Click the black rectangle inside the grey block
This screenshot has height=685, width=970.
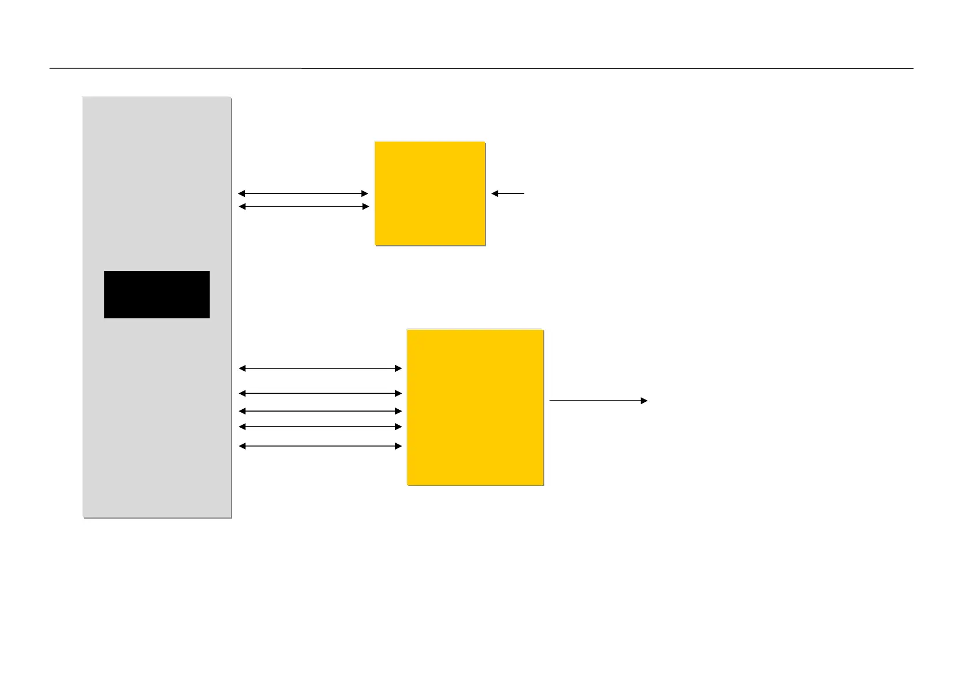pos(157,294)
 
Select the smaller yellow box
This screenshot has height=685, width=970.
pos(430,193)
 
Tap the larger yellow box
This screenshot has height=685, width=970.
pos(475,407)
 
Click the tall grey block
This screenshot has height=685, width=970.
pos(157,173)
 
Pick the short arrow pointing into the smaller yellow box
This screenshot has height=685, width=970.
pos(508,194)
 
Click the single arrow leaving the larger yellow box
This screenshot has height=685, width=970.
pos(598,401)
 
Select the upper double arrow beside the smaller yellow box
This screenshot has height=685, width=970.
pos(303,194)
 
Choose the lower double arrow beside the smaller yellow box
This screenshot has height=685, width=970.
pos(303,207)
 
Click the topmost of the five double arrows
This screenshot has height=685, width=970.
pos(320,368)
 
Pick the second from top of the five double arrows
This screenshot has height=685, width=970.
pos(320,394)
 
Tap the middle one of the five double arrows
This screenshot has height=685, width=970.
pos(320,412)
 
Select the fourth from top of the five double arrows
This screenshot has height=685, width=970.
pos(320,427)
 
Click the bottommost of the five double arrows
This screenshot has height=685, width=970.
pos(320,446)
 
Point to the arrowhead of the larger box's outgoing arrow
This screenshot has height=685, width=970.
pos(645,401)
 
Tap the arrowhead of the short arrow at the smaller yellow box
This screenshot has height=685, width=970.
pos(494,194)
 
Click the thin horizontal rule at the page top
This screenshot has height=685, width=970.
pos(482,68)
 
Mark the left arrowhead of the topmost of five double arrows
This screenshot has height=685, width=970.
pos(242,368)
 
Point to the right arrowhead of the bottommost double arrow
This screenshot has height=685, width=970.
pos(399,446)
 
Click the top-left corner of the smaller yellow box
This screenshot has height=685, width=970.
pos(376,142)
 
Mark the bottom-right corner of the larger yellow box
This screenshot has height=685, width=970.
pos(543,485)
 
